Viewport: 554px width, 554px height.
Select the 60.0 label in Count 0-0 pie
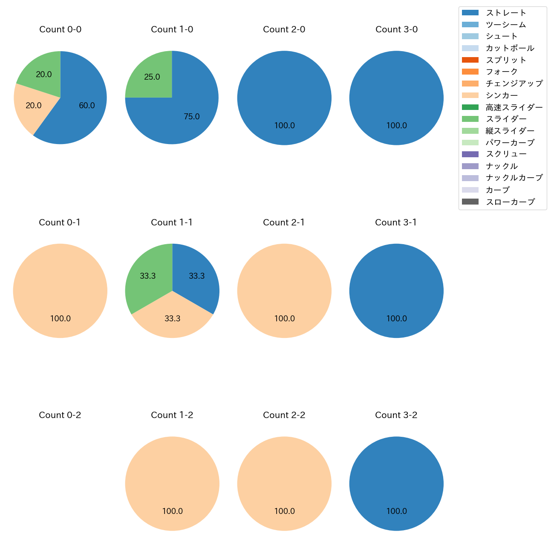(87, 106)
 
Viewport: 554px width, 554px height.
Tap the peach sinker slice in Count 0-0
(30, 107)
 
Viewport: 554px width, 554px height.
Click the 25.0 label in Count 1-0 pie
(152, 77)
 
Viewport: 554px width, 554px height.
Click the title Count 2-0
(284, 29)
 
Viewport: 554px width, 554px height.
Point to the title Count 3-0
(396, 29)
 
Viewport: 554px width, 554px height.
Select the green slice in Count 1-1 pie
(147, 276)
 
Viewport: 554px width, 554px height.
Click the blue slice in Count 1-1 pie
(197, 276)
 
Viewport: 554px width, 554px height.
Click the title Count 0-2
(60, 415)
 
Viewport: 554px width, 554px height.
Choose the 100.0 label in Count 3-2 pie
(396, 511)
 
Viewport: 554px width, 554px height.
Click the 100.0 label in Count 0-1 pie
(60, 318)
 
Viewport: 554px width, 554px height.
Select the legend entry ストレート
(506, 13)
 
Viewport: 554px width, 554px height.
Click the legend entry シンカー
(502, 95)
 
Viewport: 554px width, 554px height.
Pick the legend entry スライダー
(506, 119)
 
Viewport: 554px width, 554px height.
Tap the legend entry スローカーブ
(510, 202)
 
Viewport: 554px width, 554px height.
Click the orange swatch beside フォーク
(470, 72)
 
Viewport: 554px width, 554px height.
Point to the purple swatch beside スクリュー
(470, 154)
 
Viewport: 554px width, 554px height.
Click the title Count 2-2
(284, 415)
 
